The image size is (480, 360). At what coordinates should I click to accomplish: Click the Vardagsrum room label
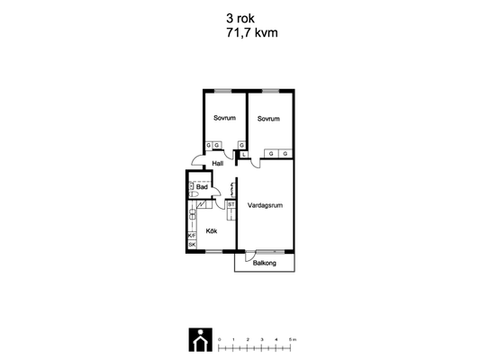point(265,205)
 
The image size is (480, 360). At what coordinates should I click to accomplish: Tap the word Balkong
point(265,263)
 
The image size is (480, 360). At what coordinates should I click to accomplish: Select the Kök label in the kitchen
point(212,231)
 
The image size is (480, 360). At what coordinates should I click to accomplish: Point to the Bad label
point(202,186)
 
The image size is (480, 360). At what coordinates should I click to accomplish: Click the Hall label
point(218,163)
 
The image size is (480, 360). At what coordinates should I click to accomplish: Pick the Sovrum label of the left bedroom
point(225,118)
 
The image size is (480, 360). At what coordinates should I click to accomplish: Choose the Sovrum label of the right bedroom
point(268,119)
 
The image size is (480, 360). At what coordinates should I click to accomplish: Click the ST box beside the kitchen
point(231,204)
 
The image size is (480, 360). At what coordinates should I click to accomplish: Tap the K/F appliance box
point(192,236)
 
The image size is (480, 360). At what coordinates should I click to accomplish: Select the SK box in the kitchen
point(192,245)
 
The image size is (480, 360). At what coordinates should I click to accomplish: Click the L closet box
point(244,155)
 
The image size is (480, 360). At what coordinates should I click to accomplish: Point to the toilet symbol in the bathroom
point(194,193)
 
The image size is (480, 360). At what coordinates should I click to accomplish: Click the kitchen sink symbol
point(193,214)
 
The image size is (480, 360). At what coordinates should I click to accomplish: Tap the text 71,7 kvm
point(252,32)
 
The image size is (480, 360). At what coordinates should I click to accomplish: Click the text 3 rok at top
point(240,18)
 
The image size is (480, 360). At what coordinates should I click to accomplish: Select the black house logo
point(201,340)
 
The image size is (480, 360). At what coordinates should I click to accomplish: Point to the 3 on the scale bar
point(262,339)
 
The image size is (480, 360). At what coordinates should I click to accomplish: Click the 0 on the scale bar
point(219,339)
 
